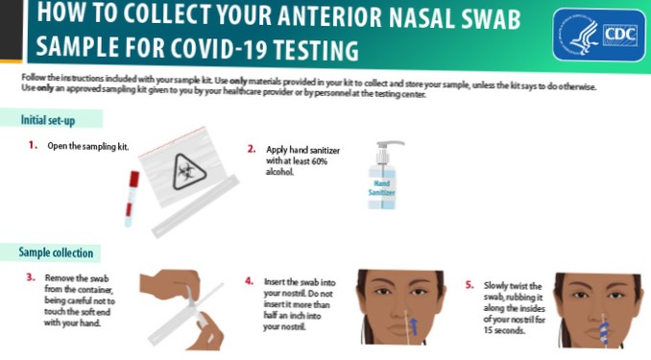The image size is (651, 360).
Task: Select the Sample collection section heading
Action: click(x=56, y=252)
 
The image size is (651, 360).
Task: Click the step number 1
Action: click(x=33, y=146)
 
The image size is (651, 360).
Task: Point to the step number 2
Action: click(x=252, y=150)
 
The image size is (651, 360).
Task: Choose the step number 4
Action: click(x=250, y=282)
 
